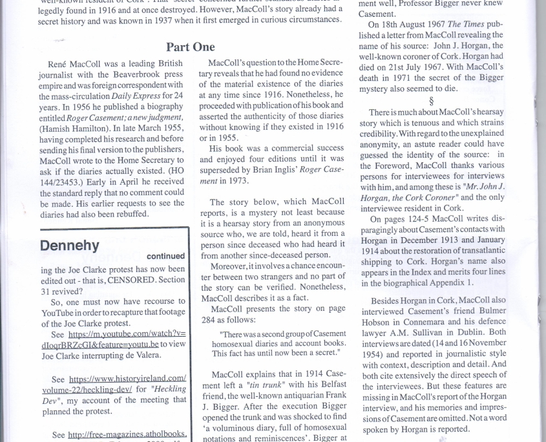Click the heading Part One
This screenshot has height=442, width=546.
point(191,47)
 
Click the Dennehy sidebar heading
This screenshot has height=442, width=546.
point(69,246)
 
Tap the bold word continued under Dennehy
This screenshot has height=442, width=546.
point(165,257)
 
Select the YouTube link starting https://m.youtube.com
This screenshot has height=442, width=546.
point(127,334)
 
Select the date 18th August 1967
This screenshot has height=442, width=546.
point(408,24)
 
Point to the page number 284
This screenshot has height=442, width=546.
point(210,319)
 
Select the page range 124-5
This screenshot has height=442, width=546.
point(421,219)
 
